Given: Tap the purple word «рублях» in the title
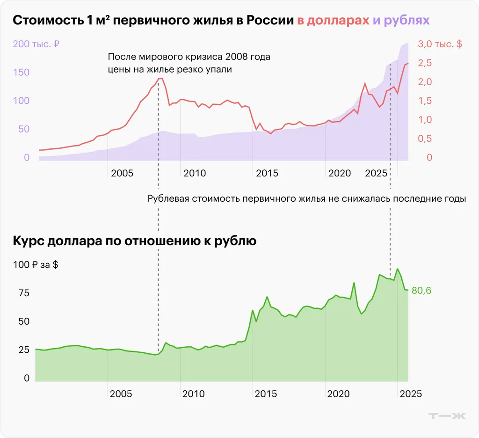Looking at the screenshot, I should click(x=406, y=21).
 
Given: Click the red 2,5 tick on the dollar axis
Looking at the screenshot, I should click(x=425, y=63).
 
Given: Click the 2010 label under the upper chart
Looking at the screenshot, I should click(x=195, y=174).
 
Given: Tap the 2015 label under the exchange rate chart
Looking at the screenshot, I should click(x=267, y=394).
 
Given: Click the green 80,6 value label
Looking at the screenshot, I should click(x=421, y=291).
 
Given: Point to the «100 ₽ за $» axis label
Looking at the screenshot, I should click(x=36, y=265).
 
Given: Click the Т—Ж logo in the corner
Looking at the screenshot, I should click(x=447, y=416).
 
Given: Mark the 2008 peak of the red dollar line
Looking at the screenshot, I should click(x=160, y=79).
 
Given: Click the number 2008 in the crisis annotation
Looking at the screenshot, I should click(x=238, y=57).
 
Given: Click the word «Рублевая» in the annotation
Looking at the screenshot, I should click(x=167, y=198).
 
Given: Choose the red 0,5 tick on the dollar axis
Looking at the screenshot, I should click(x=425, y=139).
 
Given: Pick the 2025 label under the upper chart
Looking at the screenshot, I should click(x=377, y=174).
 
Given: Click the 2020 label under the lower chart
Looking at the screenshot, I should click(x=339, y=394).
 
